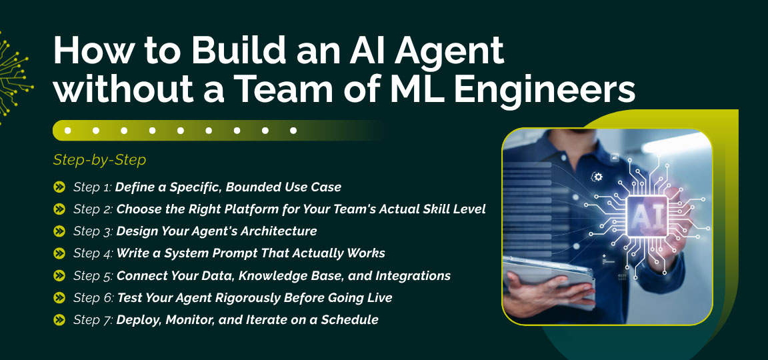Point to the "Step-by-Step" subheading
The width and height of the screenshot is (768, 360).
coord(99,160)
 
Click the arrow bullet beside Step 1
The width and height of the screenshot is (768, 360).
coord(59,187)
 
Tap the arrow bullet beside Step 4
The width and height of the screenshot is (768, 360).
coord(59,253)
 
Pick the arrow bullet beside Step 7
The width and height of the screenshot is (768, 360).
coord(59,320)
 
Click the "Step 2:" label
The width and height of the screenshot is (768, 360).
coord(93,209)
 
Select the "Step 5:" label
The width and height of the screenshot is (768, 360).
coord(93,275)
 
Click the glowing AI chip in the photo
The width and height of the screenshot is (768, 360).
coord(645,216)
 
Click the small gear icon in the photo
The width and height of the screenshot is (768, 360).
coord(597,177)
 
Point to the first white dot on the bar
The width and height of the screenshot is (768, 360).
coord(67,131)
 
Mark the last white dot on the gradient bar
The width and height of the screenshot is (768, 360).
coord(293,131)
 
